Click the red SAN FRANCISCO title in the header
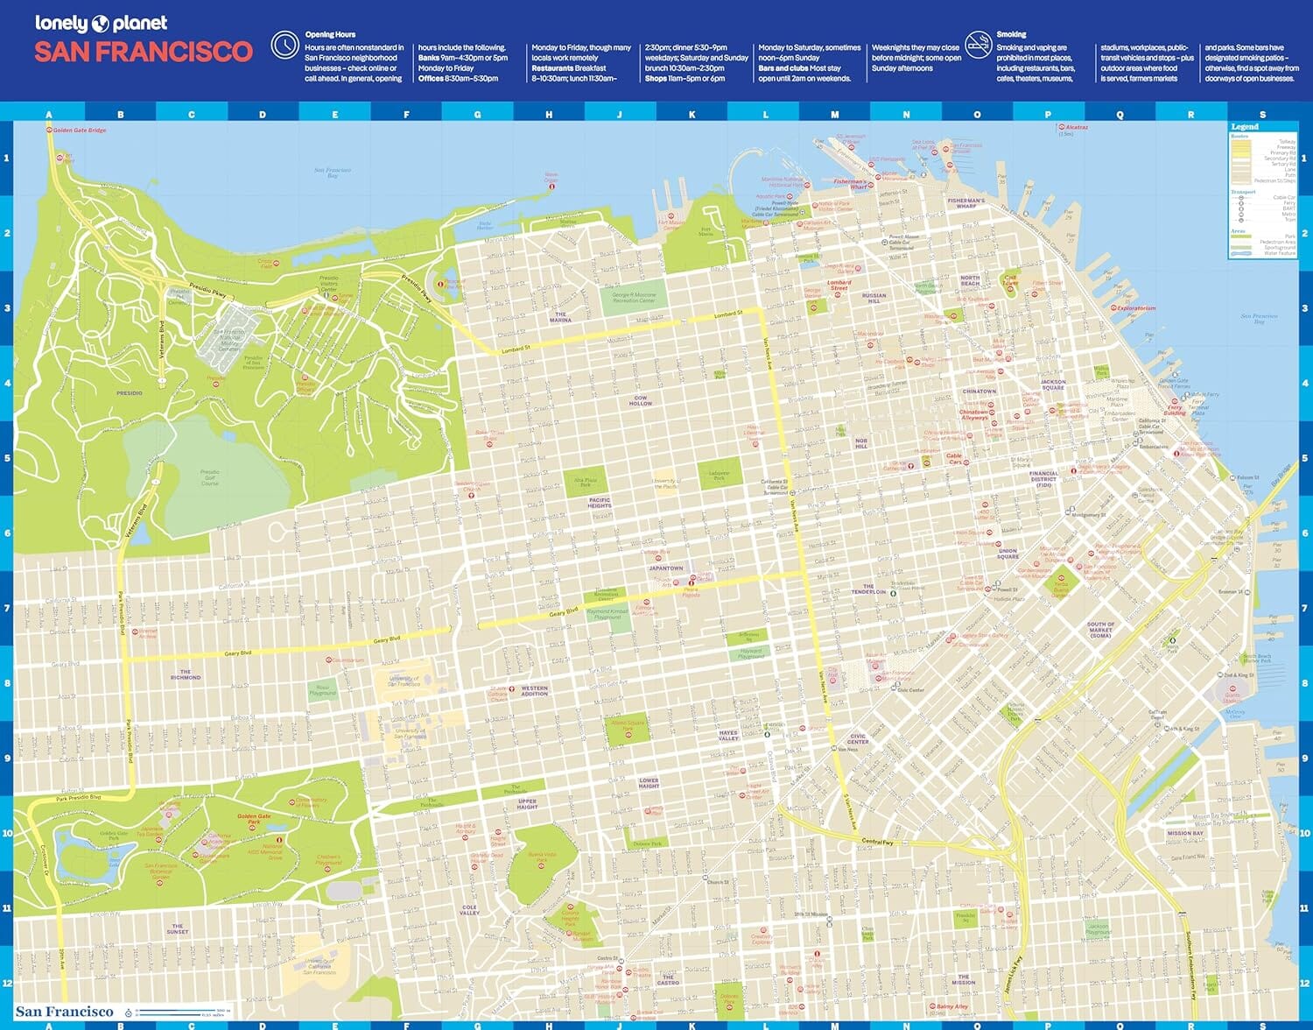(144, 53)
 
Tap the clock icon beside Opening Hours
(284, 45)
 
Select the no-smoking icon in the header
(978, 44)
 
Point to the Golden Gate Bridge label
(79, 131)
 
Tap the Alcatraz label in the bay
(1076, 128)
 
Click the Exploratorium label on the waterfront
(1136, 308)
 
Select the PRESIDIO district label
(130, 393)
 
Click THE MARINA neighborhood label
(560, 317)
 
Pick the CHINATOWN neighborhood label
(979, 392)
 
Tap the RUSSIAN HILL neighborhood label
(874, 298)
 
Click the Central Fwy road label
(877, 842)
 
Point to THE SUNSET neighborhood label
(177, 928)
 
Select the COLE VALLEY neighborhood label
(469, 910)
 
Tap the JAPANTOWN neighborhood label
(665, 568)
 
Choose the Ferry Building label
(1175, 410)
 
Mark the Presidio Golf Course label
(209, 477)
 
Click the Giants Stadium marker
(1232, 697)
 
